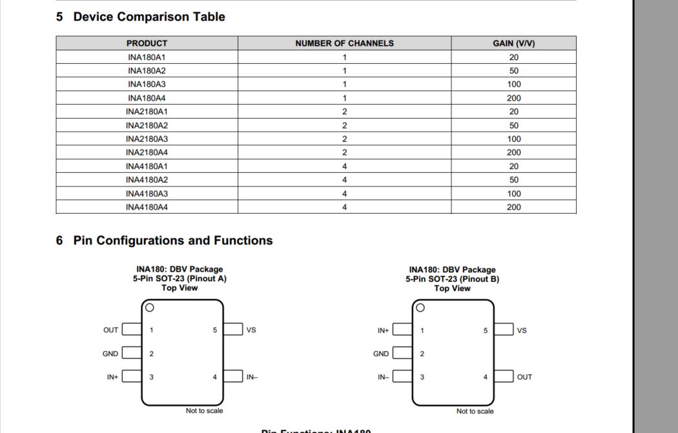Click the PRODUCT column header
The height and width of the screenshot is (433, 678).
tap(147, 43)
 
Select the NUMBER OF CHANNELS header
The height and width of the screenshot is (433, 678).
tap(344, 43)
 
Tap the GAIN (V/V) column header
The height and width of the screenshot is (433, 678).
tap(513, 43)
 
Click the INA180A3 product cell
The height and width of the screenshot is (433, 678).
tap(147, 85)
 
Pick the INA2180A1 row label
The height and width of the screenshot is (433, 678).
tap(147, 112)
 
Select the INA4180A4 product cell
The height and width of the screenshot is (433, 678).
tap(147, 207)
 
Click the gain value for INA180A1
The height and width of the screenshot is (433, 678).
tap(513, 57)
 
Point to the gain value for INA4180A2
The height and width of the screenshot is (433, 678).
tap(513, 180)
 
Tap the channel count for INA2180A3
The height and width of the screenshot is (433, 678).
tap(344, 139)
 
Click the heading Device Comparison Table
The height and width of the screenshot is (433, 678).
tap(149, 17)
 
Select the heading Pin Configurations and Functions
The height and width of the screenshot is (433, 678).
tap(172, 241)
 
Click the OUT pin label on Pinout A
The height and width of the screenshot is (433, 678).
tap(111, 330)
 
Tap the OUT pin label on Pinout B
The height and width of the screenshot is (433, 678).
tap(524, 377)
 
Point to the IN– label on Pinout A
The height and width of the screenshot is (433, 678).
tap(252, 377)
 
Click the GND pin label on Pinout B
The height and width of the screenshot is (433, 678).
tap(381, 354)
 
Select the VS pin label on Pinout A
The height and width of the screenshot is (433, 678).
tap(251, 330)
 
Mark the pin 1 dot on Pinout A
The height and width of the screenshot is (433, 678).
tap(150, 308)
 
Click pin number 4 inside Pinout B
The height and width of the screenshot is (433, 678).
tap(486, 377)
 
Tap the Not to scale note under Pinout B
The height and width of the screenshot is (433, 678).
tap(475, 411)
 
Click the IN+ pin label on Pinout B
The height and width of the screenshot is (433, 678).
tap(384, 330)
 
